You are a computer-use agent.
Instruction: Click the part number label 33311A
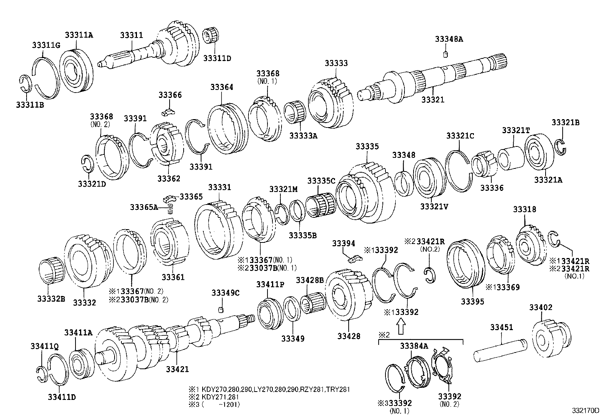pos(79,35)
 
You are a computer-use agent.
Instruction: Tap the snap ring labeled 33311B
pos(24,84)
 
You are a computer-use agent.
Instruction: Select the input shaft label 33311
pos(131,35)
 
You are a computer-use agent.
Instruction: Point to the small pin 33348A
pos(446,54)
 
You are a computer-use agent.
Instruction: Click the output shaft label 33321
pos(433,100)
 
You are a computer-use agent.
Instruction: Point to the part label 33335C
pos(321,181)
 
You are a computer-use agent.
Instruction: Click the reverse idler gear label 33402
pos(541,307)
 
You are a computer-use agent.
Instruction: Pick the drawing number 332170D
pos(585,411)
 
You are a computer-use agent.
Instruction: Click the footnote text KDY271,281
pos(218,397)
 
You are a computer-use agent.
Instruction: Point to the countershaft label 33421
pos(177,369)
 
